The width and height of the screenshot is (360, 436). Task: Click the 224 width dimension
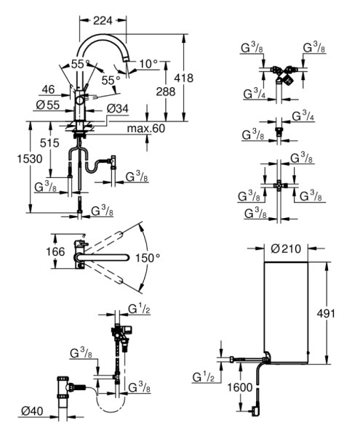click(x=103, y=20)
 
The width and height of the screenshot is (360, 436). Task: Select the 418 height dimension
click(x=183, y=78)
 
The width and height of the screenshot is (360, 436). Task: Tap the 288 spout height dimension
click(x=166, y=92)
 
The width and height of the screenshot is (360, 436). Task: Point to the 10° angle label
click(x=148, y=64)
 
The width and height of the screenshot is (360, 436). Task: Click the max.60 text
click(x=145, y=128)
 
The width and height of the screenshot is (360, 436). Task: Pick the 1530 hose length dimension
click(x=30, y=158)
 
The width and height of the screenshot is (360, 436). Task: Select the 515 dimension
click(x=49, y=143)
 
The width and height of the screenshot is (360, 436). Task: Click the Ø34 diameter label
click(x=118, y=108)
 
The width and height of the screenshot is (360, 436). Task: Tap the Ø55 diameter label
click(x=48, y=105)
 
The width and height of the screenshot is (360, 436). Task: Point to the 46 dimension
click(x=48, y=89)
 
